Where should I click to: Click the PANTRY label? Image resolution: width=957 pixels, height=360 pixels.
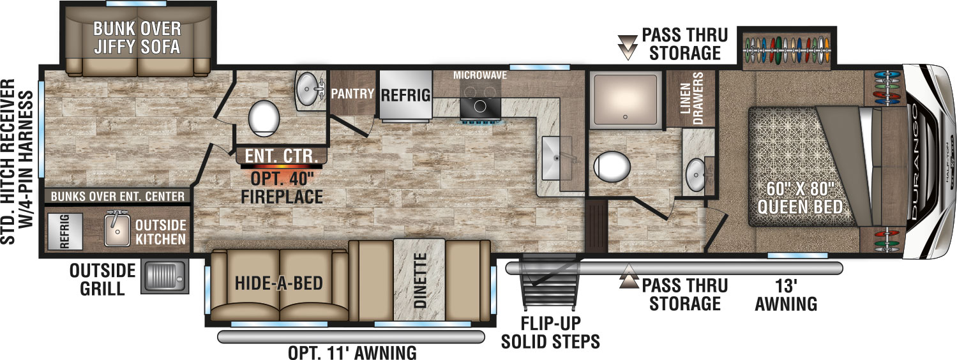pyautogui.click(x=352, y=94)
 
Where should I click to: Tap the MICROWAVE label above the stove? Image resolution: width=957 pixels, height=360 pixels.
pyautogui.click(x=480, y=75)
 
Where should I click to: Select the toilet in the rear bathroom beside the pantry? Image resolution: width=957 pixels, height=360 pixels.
pyautogui.click(x=264, y=116)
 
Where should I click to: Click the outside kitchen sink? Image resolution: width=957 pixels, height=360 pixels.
pyautogui.click(x=117, y=229)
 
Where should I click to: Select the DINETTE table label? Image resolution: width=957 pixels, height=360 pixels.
pyautogui.click(x=420, y=280)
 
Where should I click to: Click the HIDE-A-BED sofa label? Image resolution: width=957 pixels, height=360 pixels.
pyautogui.click(x=279, y=283)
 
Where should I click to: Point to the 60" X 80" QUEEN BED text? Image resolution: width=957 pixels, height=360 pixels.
pyautogui.click(x=800, y=198)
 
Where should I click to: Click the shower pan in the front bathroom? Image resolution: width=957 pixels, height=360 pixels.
pyautogui.click(x=626, y=99)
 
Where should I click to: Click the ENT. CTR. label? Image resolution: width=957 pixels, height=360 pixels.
pyautogui.click(x=282, y=156)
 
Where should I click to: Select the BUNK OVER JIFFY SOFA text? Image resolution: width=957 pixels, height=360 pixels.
pyautogui.click(x=137, y=38)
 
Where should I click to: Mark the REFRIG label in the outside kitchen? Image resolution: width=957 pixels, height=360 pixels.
pyautogui.click(x=64, y=231)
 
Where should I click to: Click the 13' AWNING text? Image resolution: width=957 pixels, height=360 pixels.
pyautogui.click(x=786, y=295)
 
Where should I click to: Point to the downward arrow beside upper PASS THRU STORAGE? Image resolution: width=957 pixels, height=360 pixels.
pyautogui.click(x=628, y=47)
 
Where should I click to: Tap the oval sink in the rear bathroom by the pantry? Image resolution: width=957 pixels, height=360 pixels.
pyautogui.click(x=306, y=89)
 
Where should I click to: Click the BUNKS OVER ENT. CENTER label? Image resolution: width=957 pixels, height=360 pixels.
pyautogui.click(x=117, y=197)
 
